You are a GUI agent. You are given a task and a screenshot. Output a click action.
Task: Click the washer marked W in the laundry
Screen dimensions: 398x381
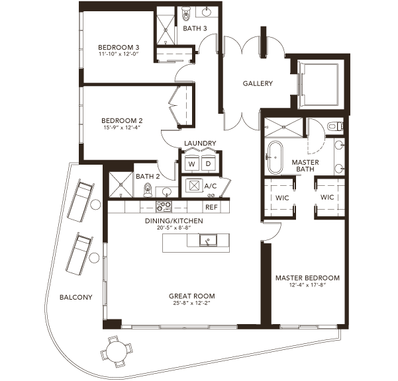tap(191, 163)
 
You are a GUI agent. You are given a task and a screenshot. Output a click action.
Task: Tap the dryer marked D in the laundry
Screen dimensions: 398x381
tap(208, 163)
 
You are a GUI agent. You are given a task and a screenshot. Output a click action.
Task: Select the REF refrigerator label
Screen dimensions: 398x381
tap(211, 207)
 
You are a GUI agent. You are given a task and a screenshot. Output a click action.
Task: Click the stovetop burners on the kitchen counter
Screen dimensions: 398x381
tap(164, 206)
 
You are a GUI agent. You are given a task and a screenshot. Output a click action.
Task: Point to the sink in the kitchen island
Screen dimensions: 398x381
tap(208, 240)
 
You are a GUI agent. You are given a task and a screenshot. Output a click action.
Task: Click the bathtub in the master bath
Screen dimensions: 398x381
tap(275, 157)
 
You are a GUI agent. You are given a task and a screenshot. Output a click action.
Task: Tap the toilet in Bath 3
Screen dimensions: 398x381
tap(186, 13)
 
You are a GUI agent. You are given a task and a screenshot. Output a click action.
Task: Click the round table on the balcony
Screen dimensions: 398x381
tap(117, 352)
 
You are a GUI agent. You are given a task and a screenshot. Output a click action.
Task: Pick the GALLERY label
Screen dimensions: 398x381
tap(258, 83)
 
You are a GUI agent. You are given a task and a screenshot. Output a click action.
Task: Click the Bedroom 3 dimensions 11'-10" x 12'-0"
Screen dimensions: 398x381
tap(119, 54)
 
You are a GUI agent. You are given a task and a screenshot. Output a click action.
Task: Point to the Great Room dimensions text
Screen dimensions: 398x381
tap(192, 303)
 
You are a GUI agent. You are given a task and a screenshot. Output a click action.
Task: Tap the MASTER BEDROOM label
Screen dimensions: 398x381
tap(308, 278)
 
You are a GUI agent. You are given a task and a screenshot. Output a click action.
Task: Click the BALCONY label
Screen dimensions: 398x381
tap(75, 297)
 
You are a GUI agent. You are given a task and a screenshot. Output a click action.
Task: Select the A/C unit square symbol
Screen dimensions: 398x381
tap(194, 186)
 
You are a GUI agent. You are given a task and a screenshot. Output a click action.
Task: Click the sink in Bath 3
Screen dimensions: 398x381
tap(207, 12)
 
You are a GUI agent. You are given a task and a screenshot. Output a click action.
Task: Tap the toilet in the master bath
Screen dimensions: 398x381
tap(335, 126)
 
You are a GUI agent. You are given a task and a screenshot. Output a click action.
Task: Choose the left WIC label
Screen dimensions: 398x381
tap(282, 198)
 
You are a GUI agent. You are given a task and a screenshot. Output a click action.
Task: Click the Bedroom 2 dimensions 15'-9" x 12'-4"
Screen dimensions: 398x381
tap(122, 127)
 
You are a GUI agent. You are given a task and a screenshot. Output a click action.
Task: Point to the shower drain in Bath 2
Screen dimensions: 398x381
tap(121, 185)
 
